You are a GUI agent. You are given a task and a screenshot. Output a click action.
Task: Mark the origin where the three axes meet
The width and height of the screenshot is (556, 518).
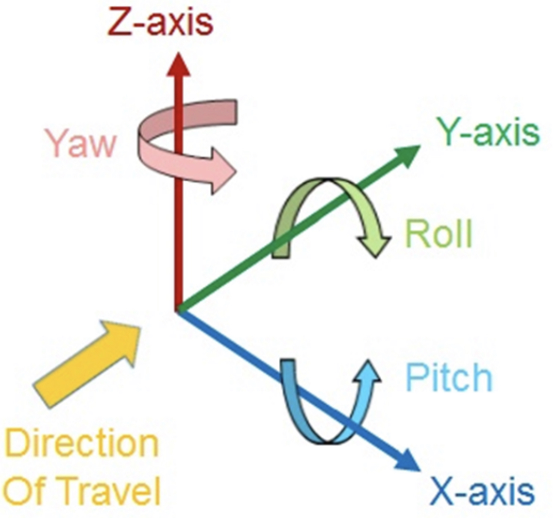(x=178, y=310)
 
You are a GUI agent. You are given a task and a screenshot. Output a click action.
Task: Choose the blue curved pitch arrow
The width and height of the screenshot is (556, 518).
(x=311, y=418)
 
